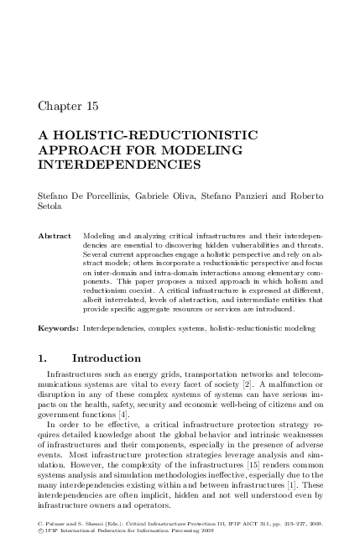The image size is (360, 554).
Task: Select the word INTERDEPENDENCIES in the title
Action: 120,165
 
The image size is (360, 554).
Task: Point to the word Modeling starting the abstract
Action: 102,237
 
